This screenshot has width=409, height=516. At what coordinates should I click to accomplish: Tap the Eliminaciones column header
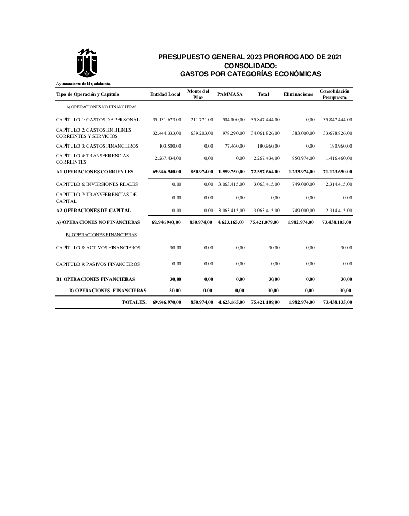[298, 94]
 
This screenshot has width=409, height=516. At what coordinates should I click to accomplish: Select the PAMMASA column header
[230, 94]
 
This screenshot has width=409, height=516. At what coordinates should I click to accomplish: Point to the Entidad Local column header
[165, 94]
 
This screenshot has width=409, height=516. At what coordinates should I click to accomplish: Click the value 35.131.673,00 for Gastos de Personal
[167, 120]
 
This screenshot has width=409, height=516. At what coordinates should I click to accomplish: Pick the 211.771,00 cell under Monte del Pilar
[202, 120]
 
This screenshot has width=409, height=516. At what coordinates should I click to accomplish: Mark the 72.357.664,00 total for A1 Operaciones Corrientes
[265, 171]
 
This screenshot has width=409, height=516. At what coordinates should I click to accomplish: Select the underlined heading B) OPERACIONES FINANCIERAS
[101, 235]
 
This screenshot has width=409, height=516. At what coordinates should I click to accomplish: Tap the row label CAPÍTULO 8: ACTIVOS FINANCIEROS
[98, 248]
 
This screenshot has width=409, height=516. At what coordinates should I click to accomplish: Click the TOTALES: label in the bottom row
[134, 301]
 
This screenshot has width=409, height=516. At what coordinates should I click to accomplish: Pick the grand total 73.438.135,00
[337, 301]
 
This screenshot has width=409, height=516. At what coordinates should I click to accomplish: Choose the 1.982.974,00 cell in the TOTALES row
[301, 301]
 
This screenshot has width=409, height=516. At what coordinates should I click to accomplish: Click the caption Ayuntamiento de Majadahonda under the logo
[83, 83]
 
